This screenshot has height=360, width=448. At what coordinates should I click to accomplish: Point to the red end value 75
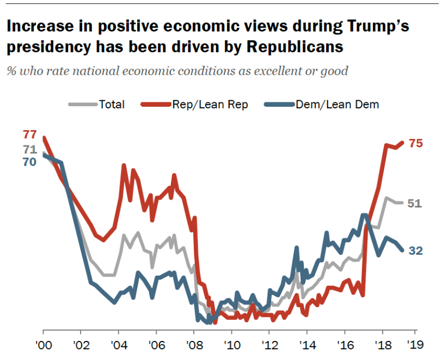click(x=416, y=143)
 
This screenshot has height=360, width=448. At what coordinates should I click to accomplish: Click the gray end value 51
click(x=415, y=203)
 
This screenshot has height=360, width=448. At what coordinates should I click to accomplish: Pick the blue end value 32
click(x=416, y=251)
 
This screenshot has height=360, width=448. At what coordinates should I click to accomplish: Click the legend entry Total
click(x=112, y=105)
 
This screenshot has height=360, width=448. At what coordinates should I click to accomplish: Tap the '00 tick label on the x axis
click(x=42, y=345)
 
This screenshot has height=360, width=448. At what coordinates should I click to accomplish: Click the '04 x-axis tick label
click(x=118, y=345)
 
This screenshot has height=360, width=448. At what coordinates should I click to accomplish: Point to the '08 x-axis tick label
click(x=193, y=345)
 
